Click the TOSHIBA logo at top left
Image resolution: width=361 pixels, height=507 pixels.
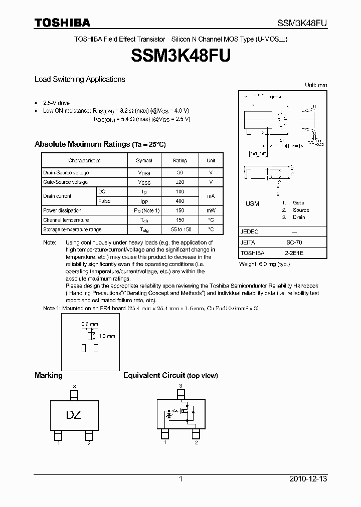62,23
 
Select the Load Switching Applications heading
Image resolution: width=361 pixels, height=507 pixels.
80,79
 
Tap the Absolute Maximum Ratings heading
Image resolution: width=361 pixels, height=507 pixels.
100,144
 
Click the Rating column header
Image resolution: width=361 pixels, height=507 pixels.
180,161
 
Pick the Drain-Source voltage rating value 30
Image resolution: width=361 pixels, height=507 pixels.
180,173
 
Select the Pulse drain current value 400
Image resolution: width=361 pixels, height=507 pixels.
180,201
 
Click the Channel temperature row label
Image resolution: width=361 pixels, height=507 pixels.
66,220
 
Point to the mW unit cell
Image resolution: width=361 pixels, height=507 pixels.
211,210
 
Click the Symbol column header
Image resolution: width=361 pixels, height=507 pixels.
144,161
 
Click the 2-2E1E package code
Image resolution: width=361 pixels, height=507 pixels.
294,253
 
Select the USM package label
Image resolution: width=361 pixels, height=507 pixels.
253,203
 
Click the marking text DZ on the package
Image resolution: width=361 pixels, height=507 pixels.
74,415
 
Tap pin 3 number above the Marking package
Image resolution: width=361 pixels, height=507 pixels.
74,386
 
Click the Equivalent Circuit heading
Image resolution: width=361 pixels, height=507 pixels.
170,375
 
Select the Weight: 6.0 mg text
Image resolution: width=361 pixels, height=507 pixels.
264,264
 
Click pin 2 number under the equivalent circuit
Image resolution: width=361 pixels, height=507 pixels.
197,443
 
